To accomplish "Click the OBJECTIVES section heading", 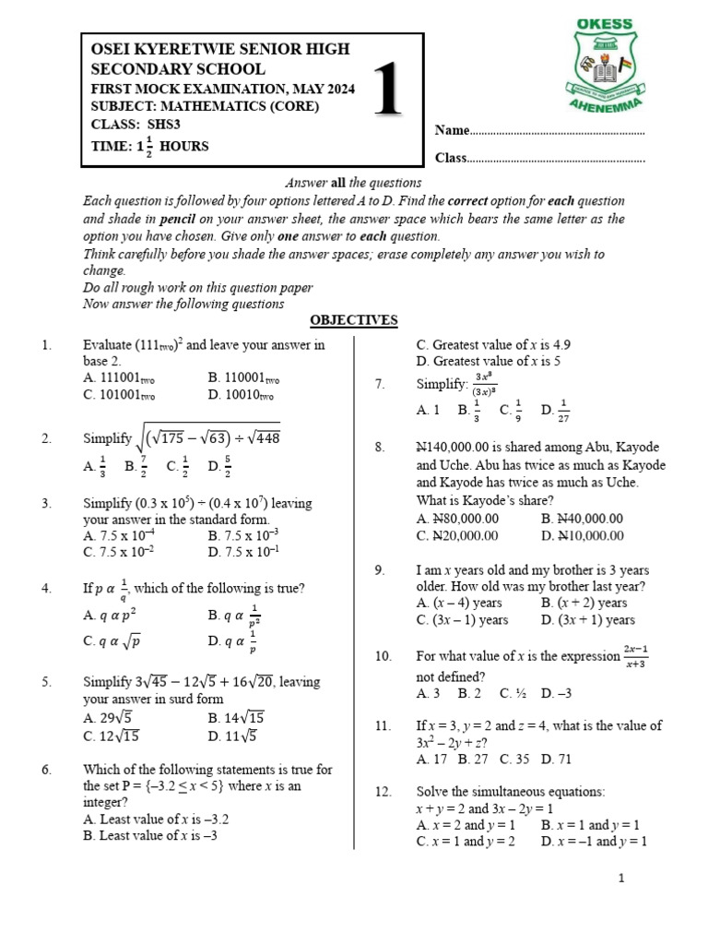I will click(x=353, y=320).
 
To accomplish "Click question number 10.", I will click(x=383, y=656).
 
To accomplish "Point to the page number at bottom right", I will click(x=622, y=879).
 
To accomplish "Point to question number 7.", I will click(x=379, y=384).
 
